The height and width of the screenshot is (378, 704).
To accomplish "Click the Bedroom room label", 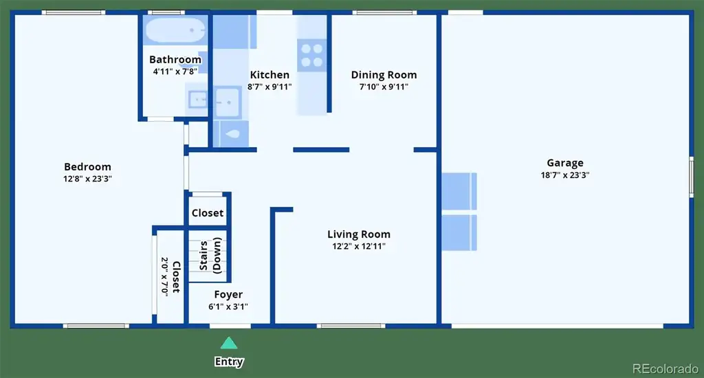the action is coord(87,167).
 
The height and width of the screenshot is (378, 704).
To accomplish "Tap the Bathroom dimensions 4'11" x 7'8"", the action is coord(175,71).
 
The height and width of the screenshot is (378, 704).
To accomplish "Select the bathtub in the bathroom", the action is coord(175,30).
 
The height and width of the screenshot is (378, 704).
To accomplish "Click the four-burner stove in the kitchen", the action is coord(311,55).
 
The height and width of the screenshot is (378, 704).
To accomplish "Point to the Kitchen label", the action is coord(269,75).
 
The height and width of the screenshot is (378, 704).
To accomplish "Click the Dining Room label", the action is coord(384,76).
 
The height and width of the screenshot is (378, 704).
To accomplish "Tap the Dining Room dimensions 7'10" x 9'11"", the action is coord(384,87).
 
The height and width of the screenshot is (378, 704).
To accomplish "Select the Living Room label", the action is coord(359,234).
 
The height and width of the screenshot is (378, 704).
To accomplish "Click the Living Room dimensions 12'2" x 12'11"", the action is coord(359,246).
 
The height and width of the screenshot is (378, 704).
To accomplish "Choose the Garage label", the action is coord(565,164).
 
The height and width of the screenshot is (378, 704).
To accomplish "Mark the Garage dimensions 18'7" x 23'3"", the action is coord(565,175).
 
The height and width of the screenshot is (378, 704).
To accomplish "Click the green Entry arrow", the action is coord(229,343).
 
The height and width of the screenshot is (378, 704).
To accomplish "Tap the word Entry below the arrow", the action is coord(229,362).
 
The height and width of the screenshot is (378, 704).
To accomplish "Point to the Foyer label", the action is coord(228,295).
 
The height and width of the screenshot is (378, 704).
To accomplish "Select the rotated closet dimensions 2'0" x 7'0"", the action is coord(165,276).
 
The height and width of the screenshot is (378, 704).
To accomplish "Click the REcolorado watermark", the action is coord(665,368).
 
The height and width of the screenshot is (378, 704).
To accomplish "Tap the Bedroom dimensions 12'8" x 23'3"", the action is coord(87,179).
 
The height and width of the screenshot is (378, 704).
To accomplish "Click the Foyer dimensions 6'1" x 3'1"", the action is coord(228,307).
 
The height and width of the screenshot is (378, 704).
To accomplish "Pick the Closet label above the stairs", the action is coord(208,213).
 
